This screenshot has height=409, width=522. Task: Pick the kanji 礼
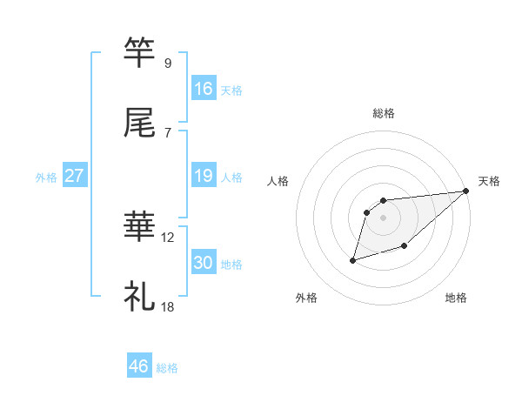140,297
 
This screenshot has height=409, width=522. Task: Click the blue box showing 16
203,88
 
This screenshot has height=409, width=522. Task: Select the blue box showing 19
203,176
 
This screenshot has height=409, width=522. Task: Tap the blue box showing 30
203,263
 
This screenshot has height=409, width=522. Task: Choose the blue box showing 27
74,176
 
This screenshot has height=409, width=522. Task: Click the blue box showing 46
139,366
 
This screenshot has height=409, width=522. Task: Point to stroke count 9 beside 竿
167,63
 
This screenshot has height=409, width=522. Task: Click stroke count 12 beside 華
168,238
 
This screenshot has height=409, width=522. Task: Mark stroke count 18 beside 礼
168,307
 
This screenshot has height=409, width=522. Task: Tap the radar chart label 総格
383,113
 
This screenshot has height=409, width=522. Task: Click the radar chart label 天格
489,181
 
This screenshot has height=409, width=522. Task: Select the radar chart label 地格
456,298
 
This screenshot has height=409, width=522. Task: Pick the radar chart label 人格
278,181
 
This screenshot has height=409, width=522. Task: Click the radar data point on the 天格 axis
466,191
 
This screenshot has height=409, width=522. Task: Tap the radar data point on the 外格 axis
353,259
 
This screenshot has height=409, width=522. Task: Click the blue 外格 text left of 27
46,177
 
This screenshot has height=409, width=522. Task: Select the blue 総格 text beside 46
167,368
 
